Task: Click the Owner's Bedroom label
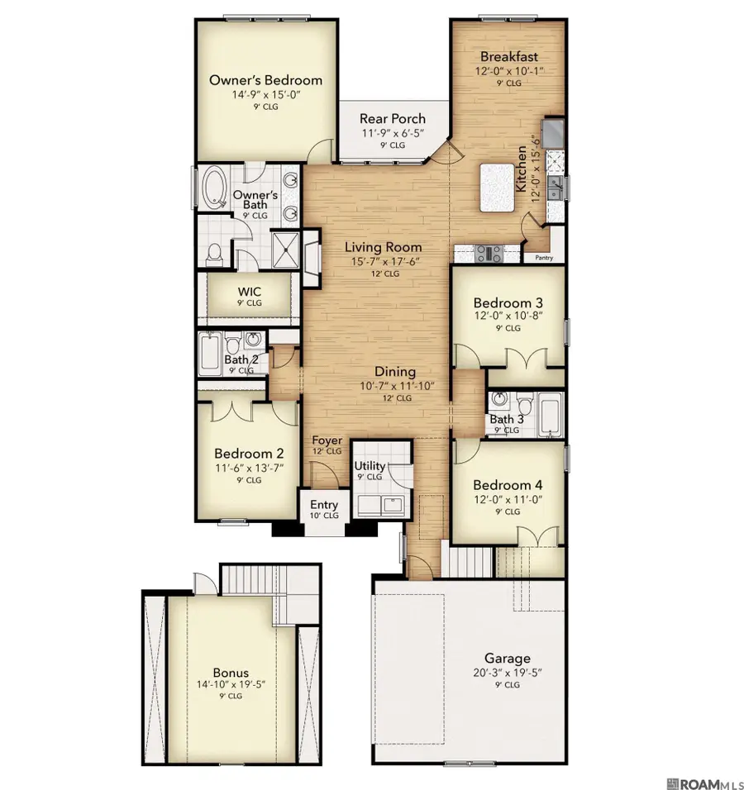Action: (x=265, y=80)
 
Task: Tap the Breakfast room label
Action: (x=508, y=57)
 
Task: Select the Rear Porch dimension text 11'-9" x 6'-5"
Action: (x=392, y=133)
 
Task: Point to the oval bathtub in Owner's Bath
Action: (x=213, y=188)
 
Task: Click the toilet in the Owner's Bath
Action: (x=214, y=255)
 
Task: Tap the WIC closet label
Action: (x=250, y=292)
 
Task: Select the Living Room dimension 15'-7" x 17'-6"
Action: (x=383, y=261)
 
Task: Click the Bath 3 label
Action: (x=506, y=419)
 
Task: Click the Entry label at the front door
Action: (x=323, y=505)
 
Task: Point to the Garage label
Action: (x=507, y=658)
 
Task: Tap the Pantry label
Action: (x=544, y=258)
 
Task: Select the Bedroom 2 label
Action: (x=249, y=454)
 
